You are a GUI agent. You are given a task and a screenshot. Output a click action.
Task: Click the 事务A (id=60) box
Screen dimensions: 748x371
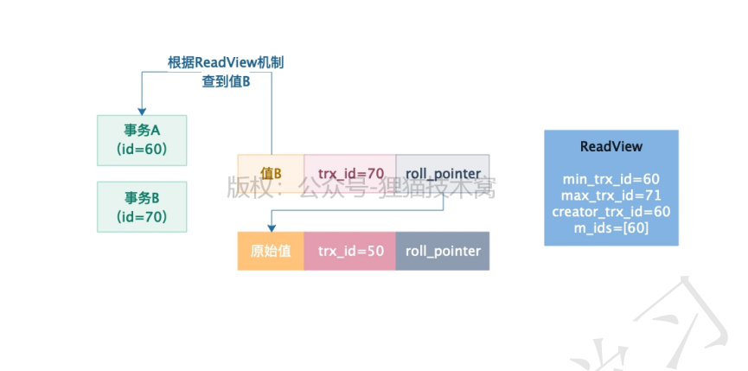coord(142,140)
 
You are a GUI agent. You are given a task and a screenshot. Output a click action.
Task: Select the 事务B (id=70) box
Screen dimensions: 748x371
coord(142,207)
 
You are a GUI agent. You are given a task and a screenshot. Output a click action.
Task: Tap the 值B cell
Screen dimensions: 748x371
coord(271,174)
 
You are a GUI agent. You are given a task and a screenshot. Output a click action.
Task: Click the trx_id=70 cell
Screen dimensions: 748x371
coord(349,174)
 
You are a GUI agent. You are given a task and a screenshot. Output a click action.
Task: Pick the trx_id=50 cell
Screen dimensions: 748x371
coord(349,251)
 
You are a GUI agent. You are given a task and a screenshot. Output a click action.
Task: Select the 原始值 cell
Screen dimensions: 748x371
coord(271,251)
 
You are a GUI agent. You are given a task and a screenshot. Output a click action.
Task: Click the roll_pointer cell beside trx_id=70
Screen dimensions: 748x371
coord(443,174)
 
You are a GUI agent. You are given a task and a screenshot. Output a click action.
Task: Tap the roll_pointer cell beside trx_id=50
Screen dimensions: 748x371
coord(443,251)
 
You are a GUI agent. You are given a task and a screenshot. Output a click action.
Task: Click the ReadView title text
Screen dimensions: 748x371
coord(611,146)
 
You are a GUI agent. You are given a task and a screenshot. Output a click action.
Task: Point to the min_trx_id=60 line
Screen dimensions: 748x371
coord(611,179)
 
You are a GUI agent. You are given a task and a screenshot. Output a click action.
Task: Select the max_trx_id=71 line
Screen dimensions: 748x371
coord(611,195)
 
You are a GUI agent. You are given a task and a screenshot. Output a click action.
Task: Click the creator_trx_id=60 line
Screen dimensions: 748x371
coord(611,212)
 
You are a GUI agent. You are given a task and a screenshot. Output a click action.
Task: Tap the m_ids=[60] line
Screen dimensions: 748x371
coord(611,228)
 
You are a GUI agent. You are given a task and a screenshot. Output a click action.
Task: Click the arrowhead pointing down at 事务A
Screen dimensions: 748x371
coord(142,110)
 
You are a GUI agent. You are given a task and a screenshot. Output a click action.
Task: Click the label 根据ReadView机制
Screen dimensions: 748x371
coord(226,62)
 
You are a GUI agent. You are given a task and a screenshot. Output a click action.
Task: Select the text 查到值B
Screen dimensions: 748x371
coord(226,81)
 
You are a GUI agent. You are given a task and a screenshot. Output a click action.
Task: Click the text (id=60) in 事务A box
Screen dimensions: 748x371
coord(142,150)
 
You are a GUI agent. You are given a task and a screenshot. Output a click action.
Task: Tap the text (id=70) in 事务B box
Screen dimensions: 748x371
coord(142,216)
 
